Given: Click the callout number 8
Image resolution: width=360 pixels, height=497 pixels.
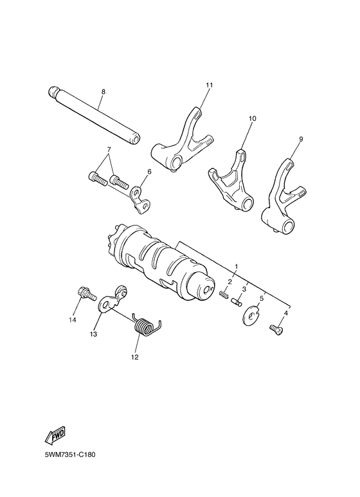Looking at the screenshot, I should click(x=102, y=92).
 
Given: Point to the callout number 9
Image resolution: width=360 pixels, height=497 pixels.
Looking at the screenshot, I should click(x=301, y=139).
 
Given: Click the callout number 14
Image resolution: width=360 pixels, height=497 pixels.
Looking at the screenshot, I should click(x=73, y=320).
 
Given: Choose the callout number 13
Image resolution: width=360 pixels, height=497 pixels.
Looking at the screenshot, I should click(x=93, y=334).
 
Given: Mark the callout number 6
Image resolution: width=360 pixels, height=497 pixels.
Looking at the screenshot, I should click(x=149, y=172).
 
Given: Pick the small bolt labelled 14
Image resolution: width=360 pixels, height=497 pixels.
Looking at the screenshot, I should click(x=84, y=294).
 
